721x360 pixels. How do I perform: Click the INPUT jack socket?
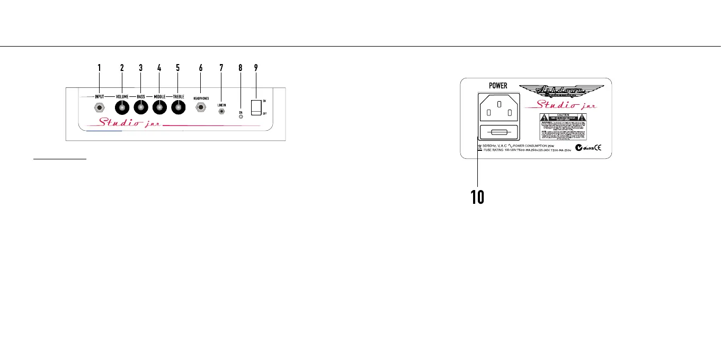99,109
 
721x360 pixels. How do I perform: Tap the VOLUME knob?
122,109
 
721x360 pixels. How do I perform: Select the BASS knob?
140,109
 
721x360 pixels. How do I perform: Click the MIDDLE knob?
159,109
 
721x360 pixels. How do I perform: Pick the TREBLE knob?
178,109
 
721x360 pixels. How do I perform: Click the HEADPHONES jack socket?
201,108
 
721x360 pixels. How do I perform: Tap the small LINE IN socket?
221,112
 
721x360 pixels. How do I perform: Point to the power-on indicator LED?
241,115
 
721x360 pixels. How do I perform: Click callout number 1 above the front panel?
99,68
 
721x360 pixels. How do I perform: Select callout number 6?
201,68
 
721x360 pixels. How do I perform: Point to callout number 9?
256,68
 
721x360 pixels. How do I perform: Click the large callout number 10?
476,197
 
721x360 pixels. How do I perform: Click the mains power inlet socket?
498,110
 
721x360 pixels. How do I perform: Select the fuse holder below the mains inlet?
498,133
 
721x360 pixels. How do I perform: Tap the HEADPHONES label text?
201,98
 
